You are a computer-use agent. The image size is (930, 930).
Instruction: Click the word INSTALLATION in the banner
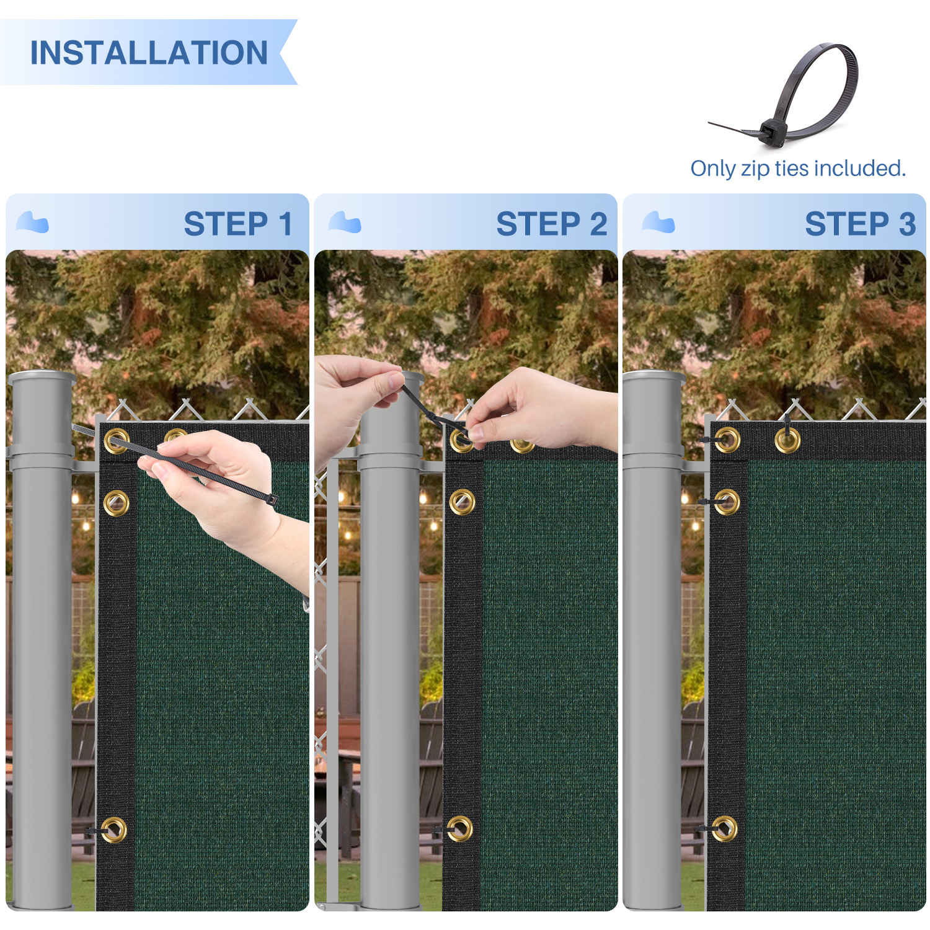149,53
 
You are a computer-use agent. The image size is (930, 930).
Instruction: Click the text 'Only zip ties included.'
798,168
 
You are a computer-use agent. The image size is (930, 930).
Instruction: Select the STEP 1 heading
238,224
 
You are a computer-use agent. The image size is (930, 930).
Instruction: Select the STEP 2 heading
552,224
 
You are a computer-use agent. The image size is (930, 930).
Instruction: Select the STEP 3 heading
860,224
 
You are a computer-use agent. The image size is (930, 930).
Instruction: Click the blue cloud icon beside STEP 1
32,222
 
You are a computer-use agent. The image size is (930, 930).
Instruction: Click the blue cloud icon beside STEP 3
658,222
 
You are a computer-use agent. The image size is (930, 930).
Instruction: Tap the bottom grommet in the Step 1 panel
114,830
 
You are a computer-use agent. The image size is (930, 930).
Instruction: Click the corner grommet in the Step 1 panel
117,441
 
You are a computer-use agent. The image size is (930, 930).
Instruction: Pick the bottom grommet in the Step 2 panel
459,828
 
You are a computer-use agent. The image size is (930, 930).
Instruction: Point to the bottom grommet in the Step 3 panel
724,828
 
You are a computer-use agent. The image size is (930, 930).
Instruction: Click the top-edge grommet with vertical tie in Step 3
787,440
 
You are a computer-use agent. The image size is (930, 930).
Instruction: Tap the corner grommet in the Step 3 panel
727,440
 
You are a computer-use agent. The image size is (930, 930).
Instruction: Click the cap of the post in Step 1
42,377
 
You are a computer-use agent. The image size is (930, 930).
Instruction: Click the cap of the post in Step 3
654,377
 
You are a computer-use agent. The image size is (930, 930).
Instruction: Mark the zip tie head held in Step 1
272,499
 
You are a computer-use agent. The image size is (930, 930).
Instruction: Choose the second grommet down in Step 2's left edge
462,502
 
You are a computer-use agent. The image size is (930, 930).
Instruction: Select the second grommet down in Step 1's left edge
117,502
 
